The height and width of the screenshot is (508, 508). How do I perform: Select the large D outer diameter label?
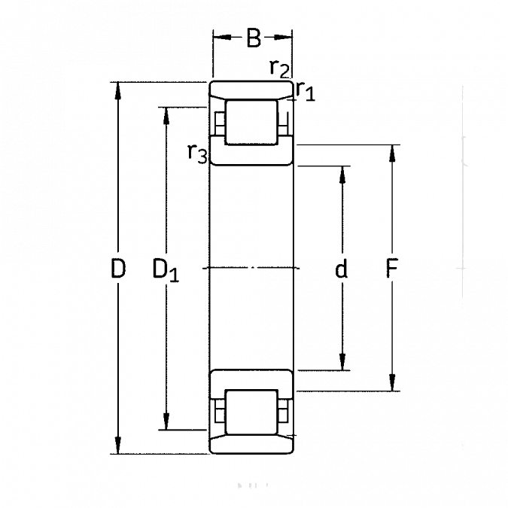click(118, 267)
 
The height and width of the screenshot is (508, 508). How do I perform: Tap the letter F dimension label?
click(391, 269)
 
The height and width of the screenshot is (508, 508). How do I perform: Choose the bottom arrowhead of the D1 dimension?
click(166, 426)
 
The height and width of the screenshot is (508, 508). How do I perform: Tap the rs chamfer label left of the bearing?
click(197, 154)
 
